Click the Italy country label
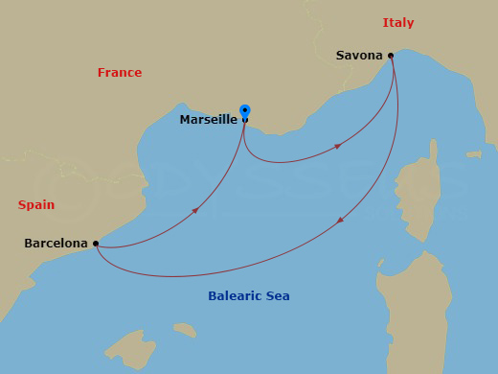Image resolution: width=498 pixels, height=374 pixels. click(398, 23)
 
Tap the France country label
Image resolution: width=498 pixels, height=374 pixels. click(120, 73)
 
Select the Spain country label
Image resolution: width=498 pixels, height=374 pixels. click(36, 205)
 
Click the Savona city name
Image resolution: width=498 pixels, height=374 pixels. click(359, 56)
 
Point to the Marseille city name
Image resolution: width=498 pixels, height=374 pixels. click(208, 120)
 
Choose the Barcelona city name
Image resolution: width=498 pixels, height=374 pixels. click(56, 245)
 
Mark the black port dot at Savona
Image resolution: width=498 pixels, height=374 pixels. click(391, 56)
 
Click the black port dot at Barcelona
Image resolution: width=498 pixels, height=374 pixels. click(97, 244)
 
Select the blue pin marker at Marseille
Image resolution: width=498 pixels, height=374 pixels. click(245, 111)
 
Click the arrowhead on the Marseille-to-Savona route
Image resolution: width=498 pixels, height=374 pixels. click(338, 146)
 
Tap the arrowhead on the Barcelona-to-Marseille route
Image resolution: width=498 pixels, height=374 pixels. click(195, 210)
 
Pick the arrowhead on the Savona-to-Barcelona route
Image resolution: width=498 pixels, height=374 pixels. click(341, 221)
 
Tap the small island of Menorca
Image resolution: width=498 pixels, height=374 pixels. click(185, 330)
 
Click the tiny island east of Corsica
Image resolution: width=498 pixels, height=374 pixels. click(472, 153)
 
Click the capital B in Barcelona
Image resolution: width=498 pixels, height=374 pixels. click(29, 245)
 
